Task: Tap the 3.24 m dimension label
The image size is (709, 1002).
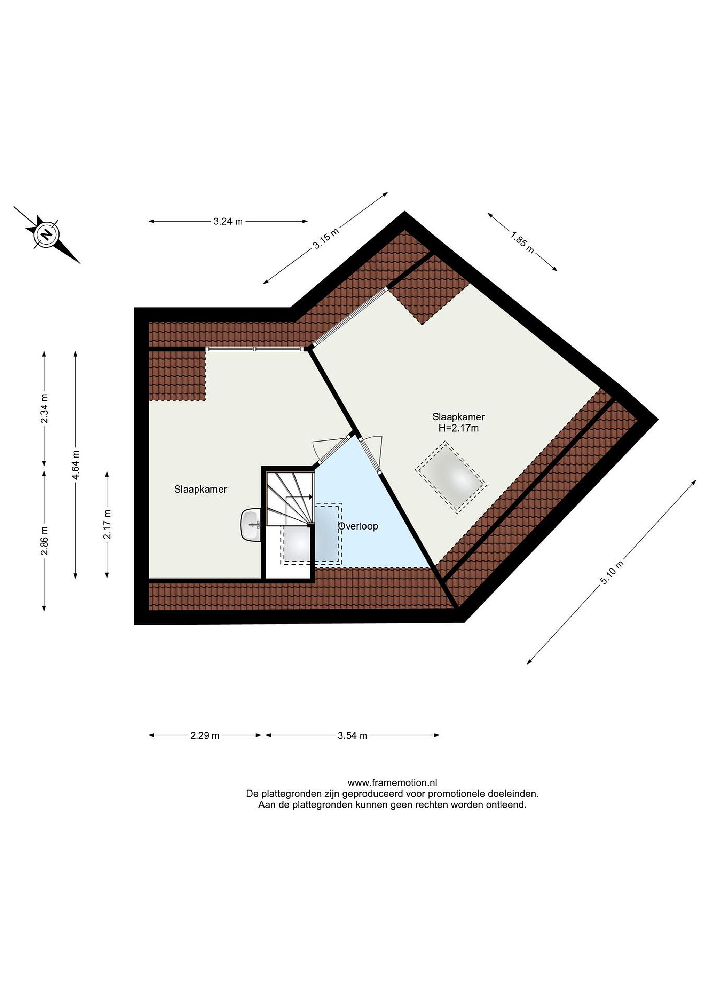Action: pos(228,221)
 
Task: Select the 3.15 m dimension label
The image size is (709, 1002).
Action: pos(326,239)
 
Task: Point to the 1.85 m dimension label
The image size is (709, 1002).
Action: pos(522,242)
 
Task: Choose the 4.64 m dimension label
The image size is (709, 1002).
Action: pos(76,465)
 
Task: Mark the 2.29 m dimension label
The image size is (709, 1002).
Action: pos(205,735)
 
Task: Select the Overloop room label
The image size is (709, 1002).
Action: pos(358,526)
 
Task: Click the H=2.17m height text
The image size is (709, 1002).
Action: pos(458,428)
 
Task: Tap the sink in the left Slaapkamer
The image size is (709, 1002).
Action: pos(251,525)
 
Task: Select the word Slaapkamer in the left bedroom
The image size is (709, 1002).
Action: pos(201,489)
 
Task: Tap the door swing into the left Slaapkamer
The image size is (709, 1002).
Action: pos(332,447)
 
